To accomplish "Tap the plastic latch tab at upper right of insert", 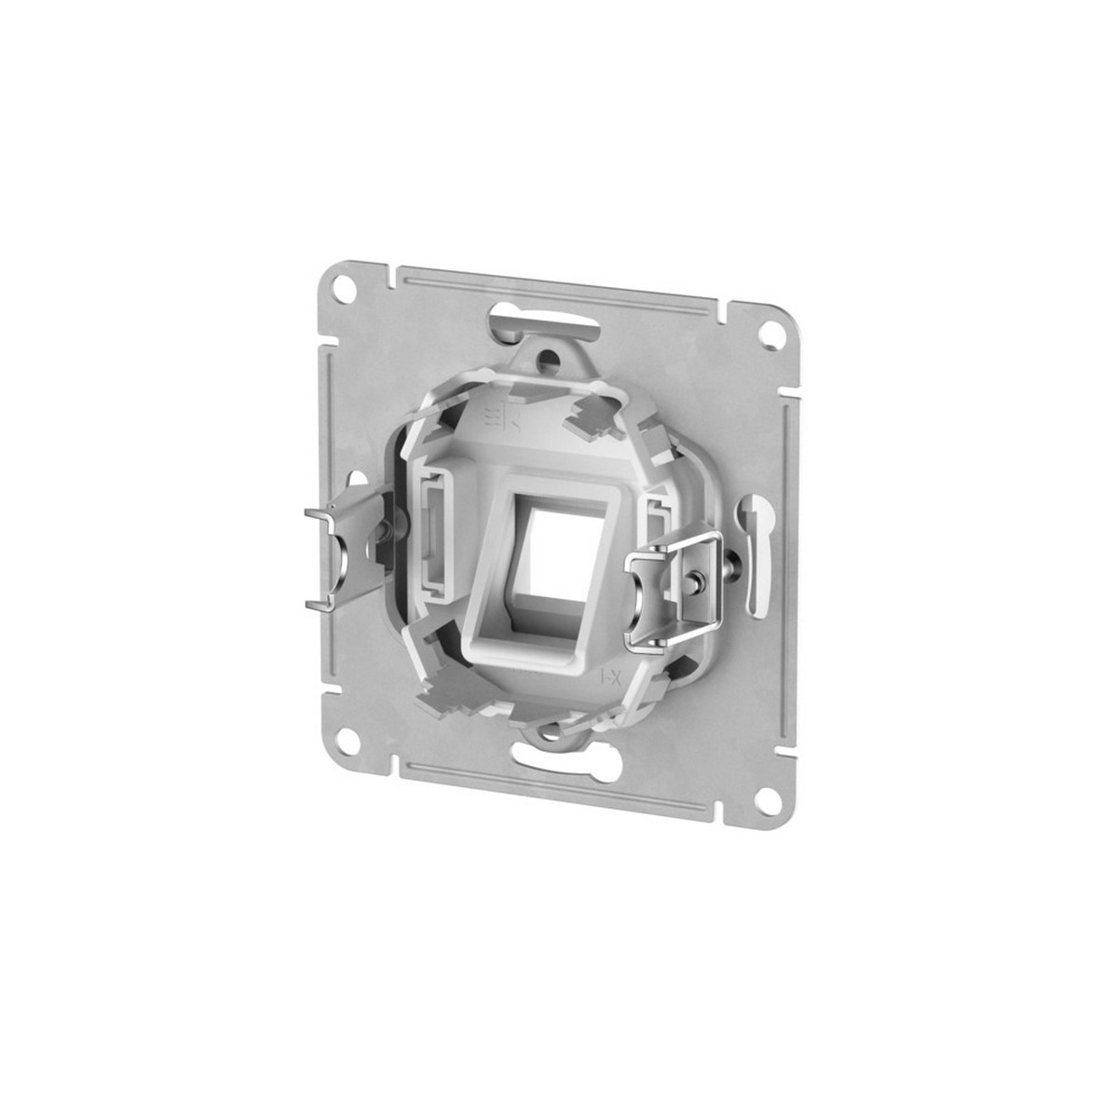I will coord(599,416).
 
